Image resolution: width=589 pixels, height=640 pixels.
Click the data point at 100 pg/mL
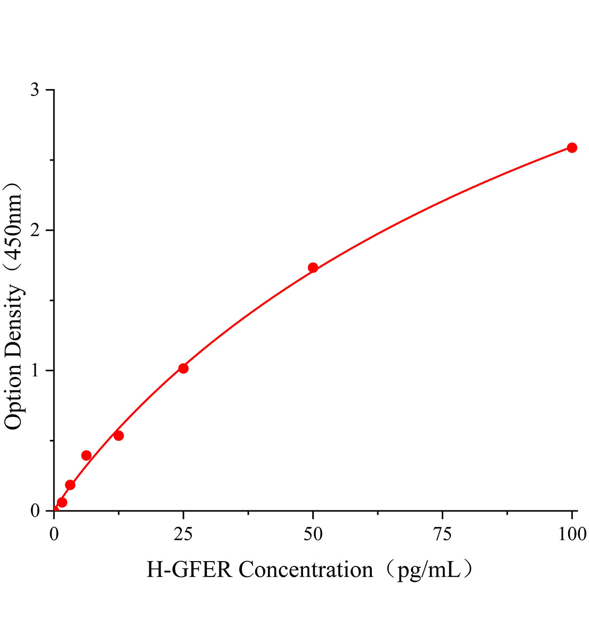572,148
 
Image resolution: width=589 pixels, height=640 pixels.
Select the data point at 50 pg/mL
313,268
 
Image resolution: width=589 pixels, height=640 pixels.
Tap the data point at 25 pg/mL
184,369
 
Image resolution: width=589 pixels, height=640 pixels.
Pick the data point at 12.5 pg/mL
118,436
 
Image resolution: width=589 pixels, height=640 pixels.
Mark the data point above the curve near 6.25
86,455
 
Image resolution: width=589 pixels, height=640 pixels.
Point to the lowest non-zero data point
62,502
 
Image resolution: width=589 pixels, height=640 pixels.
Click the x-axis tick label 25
184,534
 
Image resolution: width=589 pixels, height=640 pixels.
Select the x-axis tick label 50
313,534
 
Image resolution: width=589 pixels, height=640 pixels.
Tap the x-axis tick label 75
442,534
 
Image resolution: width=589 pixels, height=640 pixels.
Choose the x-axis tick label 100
572,534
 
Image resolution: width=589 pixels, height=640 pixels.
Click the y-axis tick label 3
35,90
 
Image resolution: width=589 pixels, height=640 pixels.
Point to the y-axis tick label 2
35,230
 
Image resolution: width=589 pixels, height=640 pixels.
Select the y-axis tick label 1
35,371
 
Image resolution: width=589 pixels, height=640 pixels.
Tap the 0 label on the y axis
35,511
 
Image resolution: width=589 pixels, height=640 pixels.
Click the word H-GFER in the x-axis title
189,570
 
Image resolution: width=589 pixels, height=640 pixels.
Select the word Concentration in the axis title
306,570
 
